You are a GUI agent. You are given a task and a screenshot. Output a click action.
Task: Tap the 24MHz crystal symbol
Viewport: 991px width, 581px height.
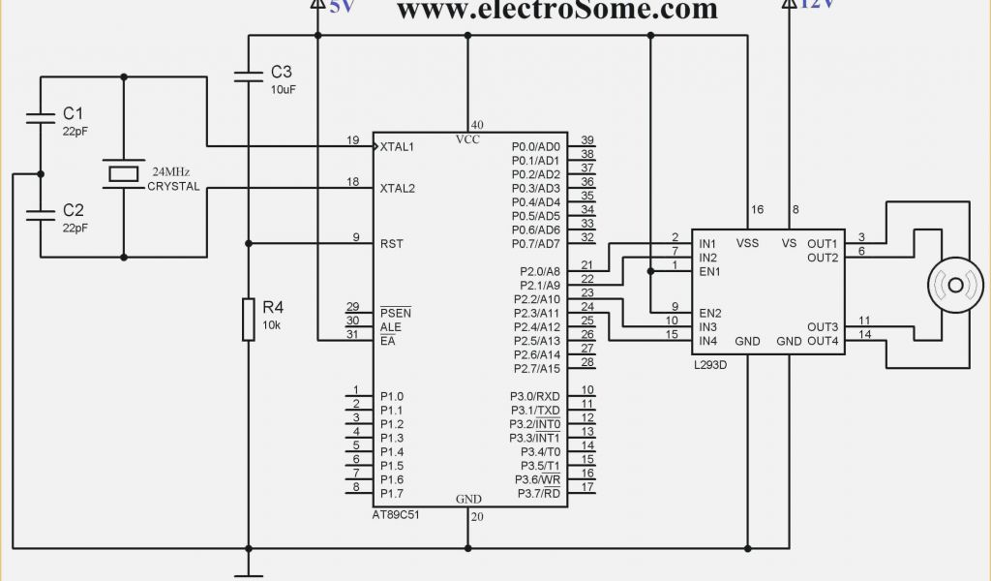124,173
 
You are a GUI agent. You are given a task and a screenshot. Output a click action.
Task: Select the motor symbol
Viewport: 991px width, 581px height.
955,285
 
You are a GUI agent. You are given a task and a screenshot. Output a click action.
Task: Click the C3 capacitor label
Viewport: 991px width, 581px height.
281,72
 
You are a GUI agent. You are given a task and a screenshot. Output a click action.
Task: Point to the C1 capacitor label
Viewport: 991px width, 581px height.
74,112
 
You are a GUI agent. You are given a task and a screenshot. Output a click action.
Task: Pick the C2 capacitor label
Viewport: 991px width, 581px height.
74,210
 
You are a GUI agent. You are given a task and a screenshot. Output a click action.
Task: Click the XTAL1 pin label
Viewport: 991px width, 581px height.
397,146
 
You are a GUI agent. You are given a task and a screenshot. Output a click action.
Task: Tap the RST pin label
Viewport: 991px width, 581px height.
392,243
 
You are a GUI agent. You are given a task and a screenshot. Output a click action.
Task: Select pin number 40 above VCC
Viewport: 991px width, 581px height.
476,125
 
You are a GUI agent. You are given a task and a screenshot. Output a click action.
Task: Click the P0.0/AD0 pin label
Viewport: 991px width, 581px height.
535,146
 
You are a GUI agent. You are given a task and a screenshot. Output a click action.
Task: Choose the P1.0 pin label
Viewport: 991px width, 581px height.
392,396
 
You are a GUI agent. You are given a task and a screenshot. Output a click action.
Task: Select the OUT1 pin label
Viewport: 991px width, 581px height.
823,243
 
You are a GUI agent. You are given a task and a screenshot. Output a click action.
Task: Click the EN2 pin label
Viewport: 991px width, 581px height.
710,313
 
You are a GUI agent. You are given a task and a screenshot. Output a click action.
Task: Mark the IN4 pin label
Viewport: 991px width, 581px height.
708,341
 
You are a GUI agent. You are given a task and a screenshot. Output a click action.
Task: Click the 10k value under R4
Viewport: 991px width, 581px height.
272,324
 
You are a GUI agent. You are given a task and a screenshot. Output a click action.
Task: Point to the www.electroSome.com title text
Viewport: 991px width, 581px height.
557,11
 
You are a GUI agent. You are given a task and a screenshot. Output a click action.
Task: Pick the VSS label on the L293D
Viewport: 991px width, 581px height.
747,243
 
